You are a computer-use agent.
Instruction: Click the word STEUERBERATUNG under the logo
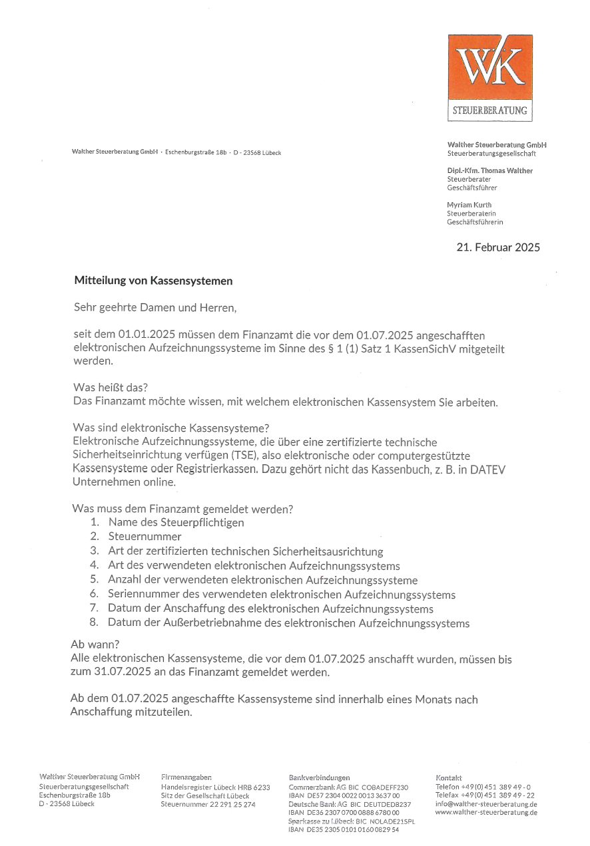(489, 110)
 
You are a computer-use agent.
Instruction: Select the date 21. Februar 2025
(498, 247)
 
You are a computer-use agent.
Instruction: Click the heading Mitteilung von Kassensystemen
(153, 281)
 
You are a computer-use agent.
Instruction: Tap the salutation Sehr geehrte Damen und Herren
(155, 308)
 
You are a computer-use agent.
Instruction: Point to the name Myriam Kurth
(469, 205)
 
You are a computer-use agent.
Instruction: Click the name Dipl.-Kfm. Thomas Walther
(490, 171)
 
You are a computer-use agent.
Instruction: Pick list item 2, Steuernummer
(145, 536)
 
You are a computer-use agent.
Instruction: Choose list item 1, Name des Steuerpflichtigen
(176, 522)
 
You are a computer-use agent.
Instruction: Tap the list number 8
(94, 623)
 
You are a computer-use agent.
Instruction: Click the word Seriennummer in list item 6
(139, 594)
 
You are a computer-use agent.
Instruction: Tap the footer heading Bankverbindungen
(319, 777)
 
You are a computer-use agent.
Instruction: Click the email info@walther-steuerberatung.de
(486, 803)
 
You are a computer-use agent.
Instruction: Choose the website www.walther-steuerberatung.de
(486, 812)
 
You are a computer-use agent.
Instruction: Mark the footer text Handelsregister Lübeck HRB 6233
(215, 787)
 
